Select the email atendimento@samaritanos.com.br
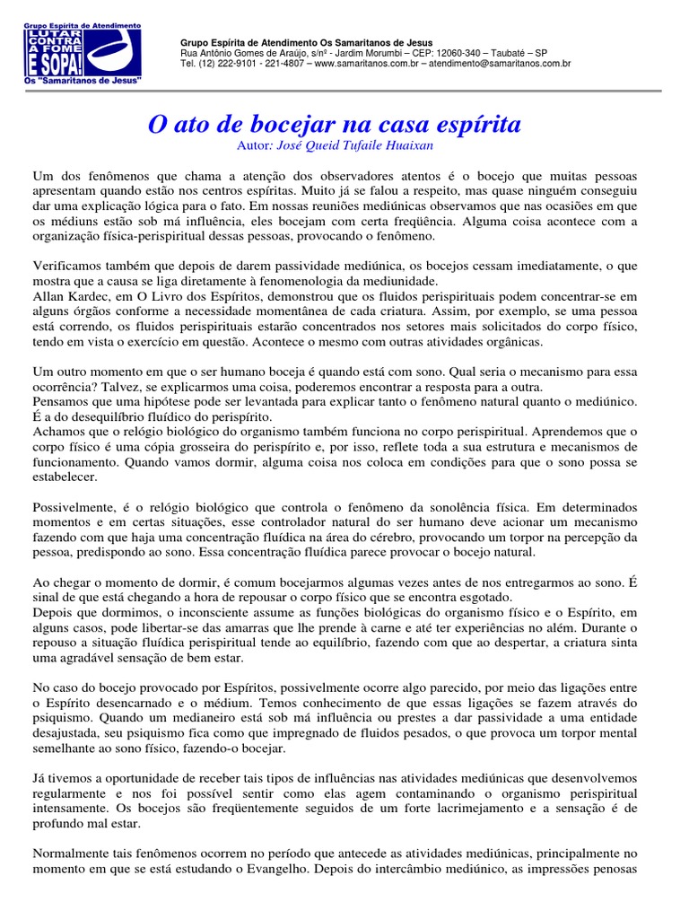point(500,65)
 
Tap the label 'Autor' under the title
point(253,144)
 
